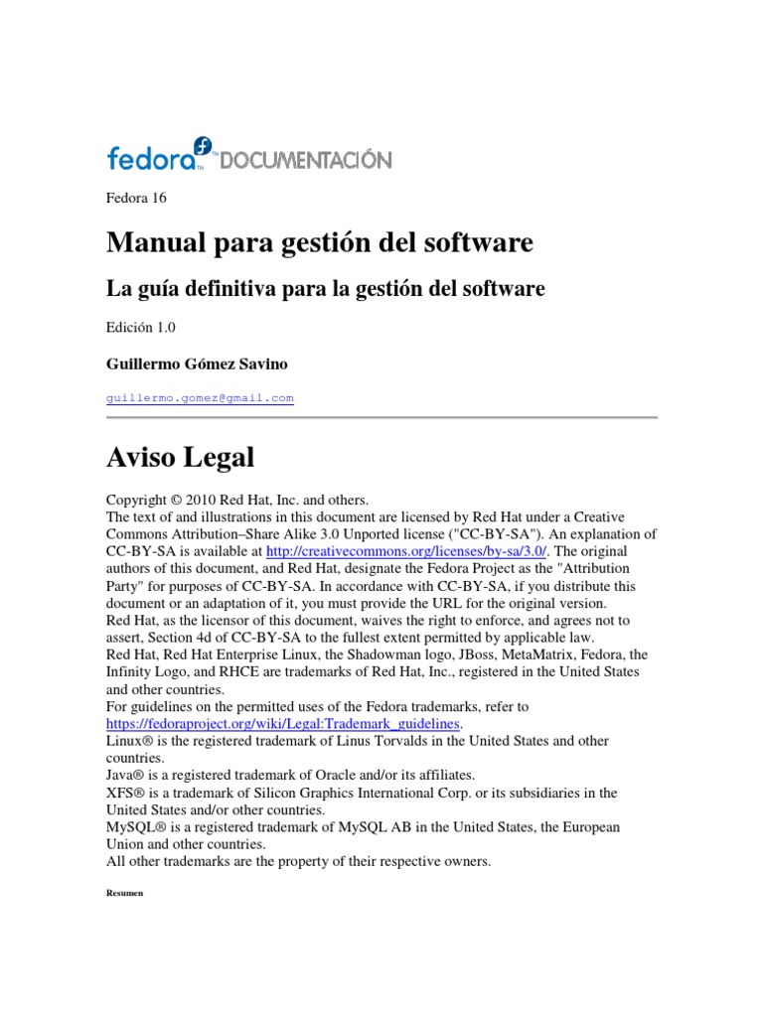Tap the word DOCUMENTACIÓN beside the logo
pos(305,160)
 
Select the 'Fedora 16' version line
pos(136,198)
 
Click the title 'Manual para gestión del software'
pos(319,242)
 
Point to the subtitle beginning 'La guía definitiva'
pos(325,289)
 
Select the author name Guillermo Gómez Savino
pos(197,364)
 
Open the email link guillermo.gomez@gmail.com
pos(200,398)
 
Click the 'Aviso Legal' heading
pos(180,458)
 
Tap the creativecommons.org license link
pos(407,551)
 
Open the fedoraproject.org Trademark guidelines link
pos(283,724)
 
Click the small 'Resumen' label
pos(124,894)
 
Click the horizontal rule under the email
pos(381,417)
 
